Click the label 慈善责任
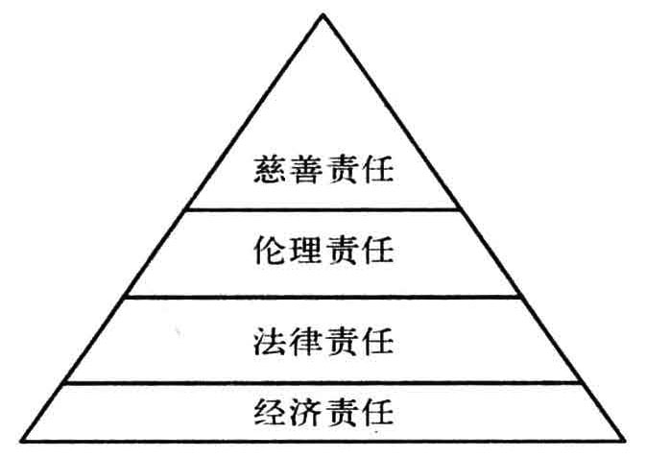tap(324, 176)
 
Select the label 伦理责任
tap(324, 253)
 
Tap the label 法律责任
tap(324, 339)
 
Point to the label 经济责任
tap(324, 412)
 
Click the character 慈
tap(270, 176)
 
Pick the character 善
tap(306, 176)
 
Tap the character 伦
tap(270, 253)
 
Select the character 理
tap(306, 253)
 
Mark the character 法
tap(270, 339)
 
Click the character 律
tap(306, 339)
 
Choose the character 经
tap(270, 412)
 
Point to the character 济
tap(306, 412)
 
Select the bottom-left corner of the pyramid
tap(23, 441)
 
